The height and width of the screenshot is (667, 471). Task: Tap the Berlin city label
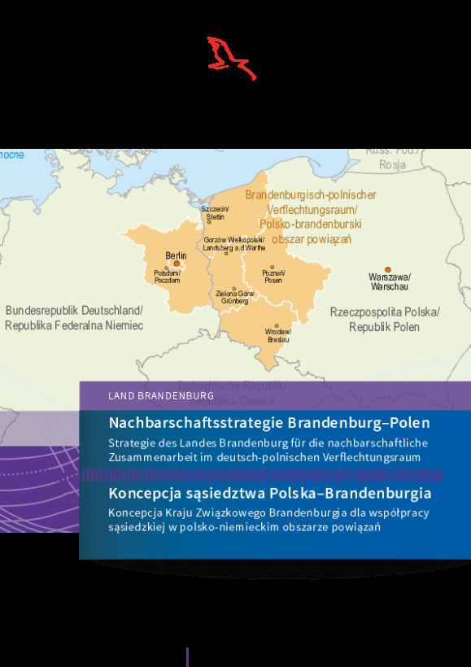click(176, 255)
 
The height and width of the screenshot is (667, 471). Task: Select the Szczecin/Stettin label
click(216, 213)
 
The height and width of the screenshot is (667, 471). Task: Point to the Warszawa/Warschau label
click(390, 281)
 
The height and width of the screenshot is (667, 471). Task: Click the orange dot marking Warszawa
click(388, 269)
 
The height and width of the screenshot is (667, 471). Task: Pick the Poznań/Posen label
click(273, 277)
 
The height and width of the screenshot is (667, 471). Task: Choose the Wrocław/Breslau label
click(278, 335)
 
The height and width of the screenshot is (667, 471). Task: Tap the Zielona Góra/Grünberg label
click(235, 297)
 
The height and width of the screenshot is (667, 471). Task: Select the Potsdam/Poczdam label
click(167, 276)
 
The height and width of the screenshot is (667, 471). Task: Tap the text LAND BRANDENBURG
click(155, 395)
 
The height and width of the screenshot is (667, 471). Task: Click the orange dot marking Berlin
click(177, 264)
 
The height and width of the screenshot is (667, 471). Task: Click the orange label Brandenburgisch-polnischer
click(311, 195)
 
